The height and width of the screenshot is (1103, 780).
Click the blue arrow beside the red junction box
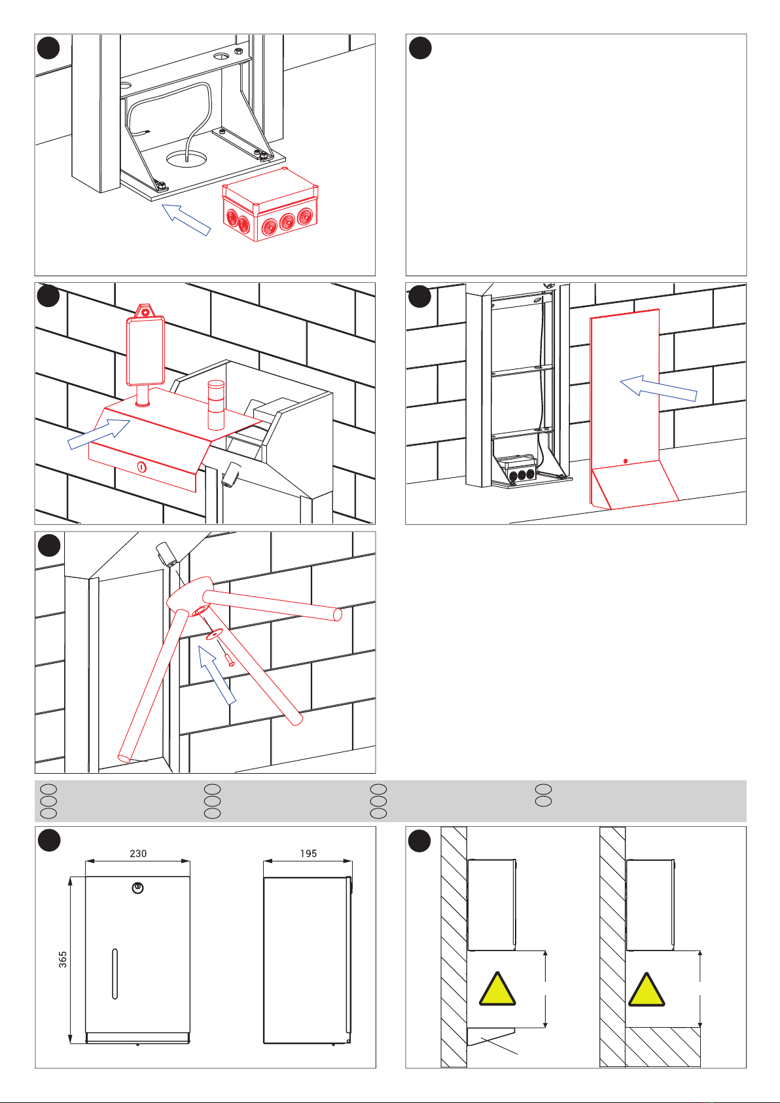186,219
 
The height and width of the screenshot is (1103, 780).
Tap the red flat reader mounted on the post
144,351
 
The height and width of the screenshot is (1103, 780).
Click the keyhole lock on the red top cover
141,467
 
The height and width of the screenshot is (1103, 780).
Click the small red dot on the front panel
626,461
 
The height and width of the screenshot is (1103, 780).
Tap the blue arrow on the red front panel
658,388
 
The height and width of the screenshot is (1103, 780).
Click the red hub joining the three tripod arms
190,596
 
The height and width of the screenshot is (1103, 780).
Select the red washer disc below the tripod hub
213,634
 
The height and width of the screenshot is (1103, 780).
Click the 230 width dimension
138,854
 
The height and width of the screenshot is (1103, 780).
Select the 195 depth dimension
308,854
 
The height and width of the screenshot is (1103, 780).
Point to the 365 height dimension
63,960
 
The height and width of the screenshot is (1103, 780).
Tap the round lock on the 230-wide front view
137,888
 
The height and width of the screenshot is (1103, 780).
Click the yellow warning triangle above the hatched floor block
647,990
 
